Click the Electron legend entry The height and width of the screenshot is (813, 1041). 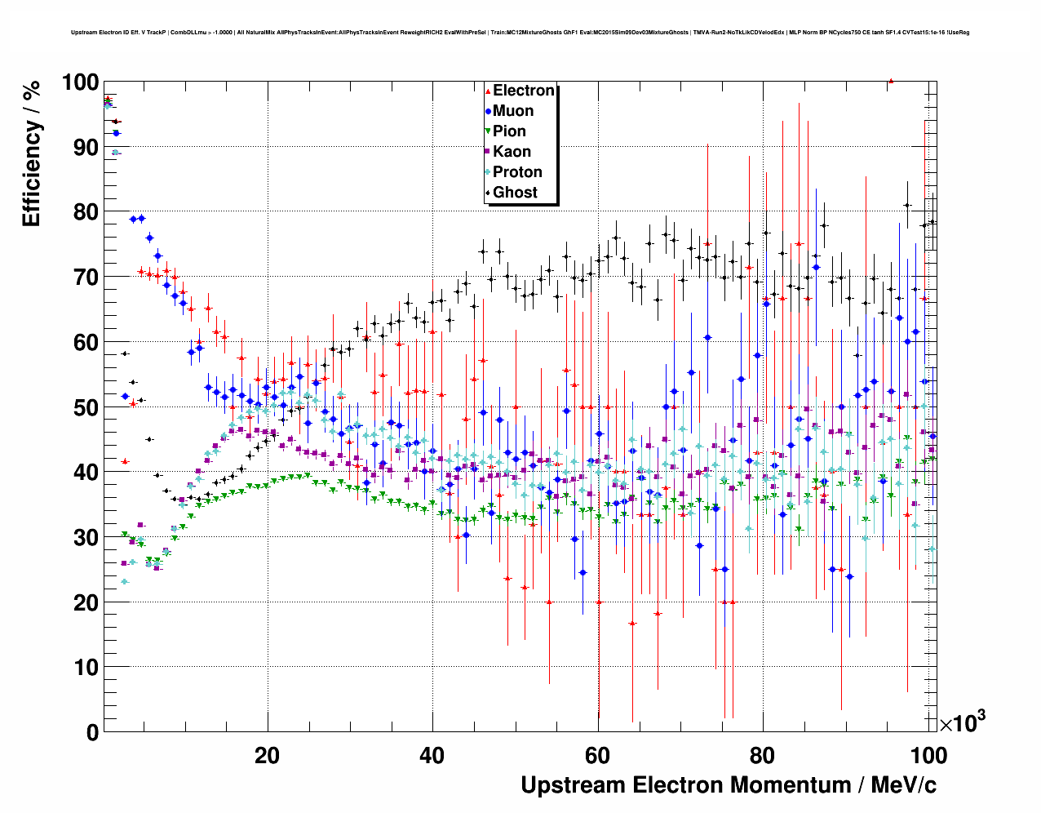point(523,91)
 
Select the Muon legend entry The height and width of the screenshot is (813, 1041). point(512,111)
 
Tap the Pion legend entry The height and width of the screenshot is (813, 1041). point(509,131)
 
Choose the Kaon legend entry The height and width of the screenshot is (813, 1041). point(512,152)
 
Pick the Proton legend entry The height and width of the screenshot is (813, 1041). point(517,172)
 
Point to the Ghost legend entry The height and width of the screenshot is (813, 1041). point(515,193)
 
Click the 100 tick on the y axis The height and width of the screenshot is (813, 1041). point(80,82)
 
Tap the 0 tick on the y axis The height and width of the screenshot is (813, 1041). point(93,732)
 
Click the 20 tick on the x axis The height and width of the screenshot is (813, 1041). point(267,755)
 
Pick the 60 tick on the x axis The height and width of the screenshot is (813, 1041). point(597,755)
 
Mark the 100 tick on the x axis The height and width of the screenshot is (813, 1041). point(928,755)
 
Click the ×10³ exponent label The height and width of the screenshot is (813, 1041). point(963,722)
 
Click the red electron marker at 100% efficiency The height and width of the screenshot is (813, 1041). point(891,81)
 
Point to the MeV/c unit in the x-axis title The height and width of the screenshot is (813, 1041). point(904,785)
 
